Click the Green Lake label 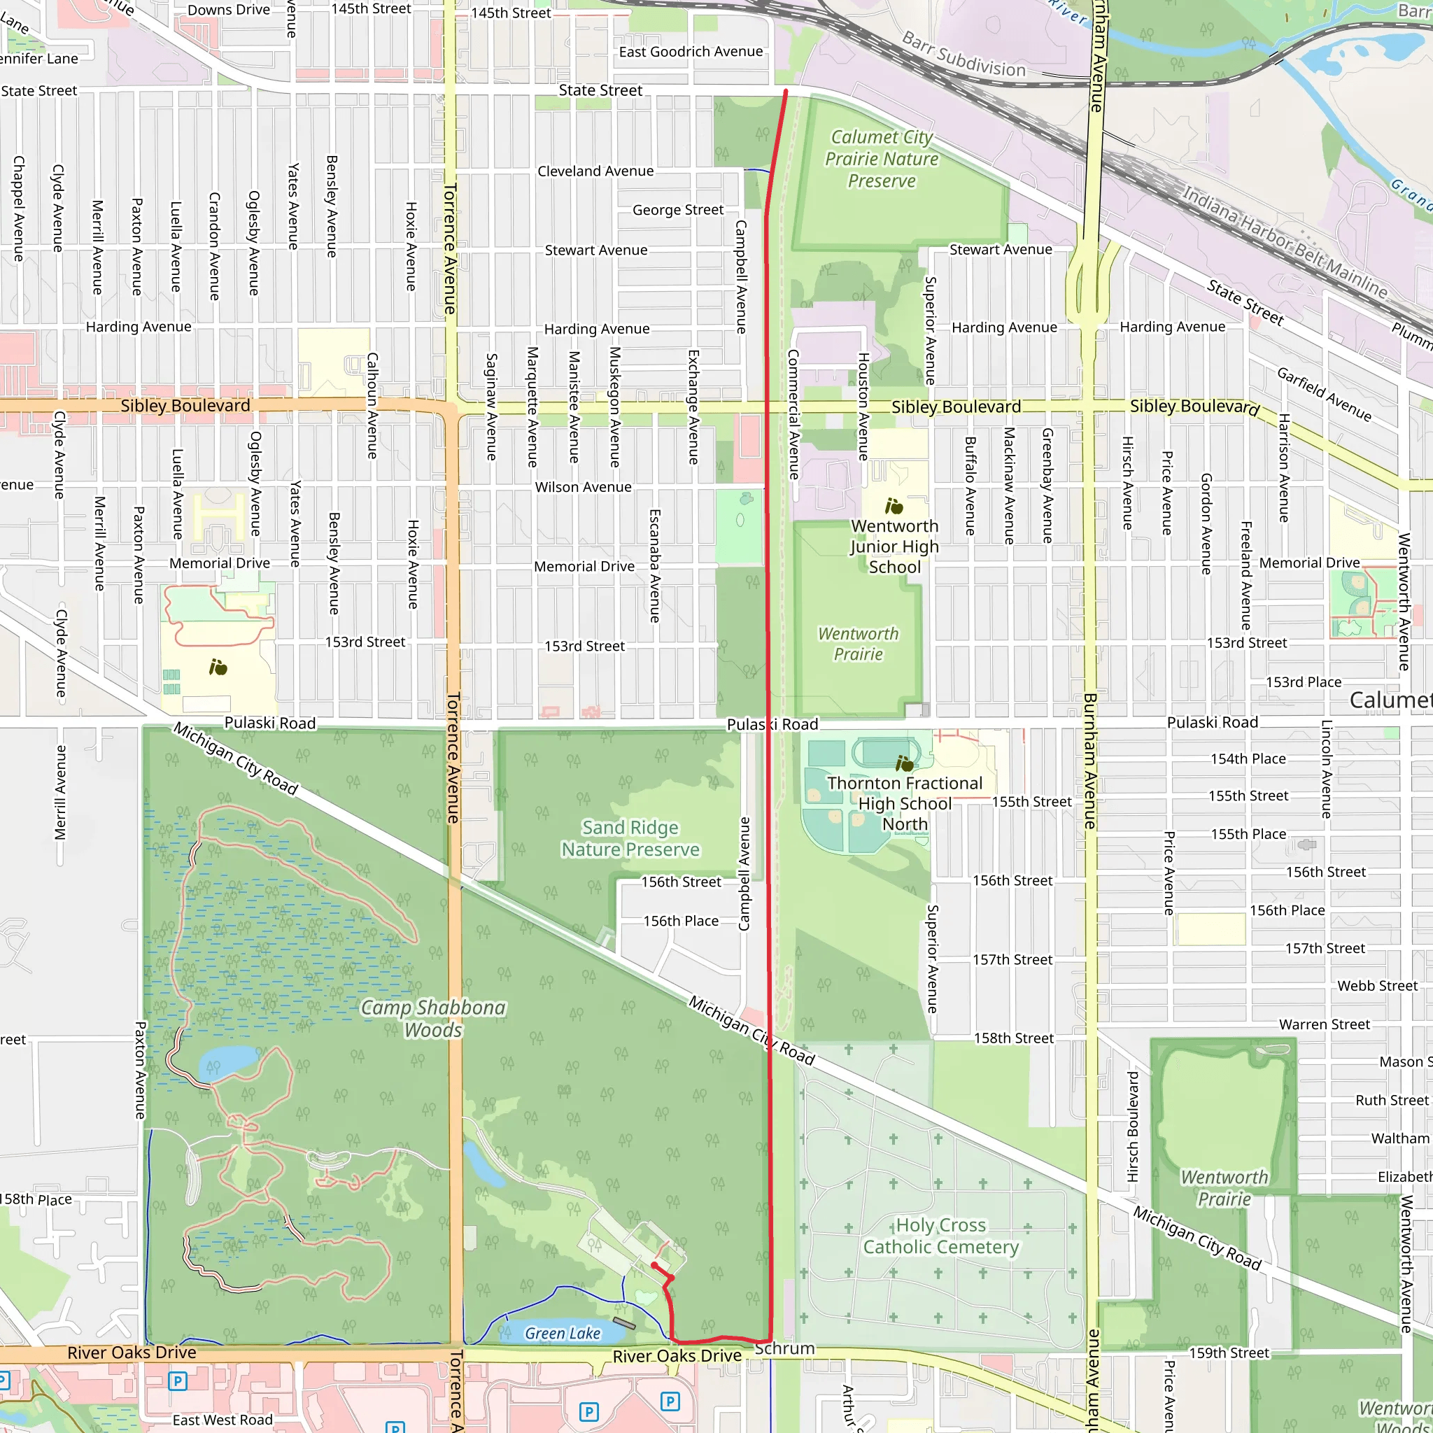(x=563, y=1333)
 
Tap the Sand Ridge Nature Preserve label (x=630, y=838)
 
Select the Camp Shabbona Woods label (x=433, y=1018)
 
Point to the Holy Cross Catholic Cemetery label (x=940, y=1236)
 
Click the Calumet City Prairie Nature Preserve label (x=881, y=159)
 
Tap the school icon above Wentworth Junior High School (x=894, y=506)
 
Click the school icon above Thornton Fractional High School (x=904, y=763)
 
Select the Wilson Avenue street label (x=583, y=487)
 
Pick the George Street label (x=677, y=210)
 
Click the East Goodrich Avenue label (x=691, y=51)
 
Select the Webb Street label (x=1376, y=986)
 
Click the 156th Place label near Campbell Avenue (x=680, y=921)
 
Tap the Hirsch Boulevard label (x=1133, y=1126)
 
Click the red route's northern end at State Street (x=786, y=91)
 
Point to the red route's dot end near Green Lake (x=654, y=1264)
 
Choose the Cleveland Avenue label (x=595, y=171)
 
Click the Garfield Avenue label (x=1323, y=394)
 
